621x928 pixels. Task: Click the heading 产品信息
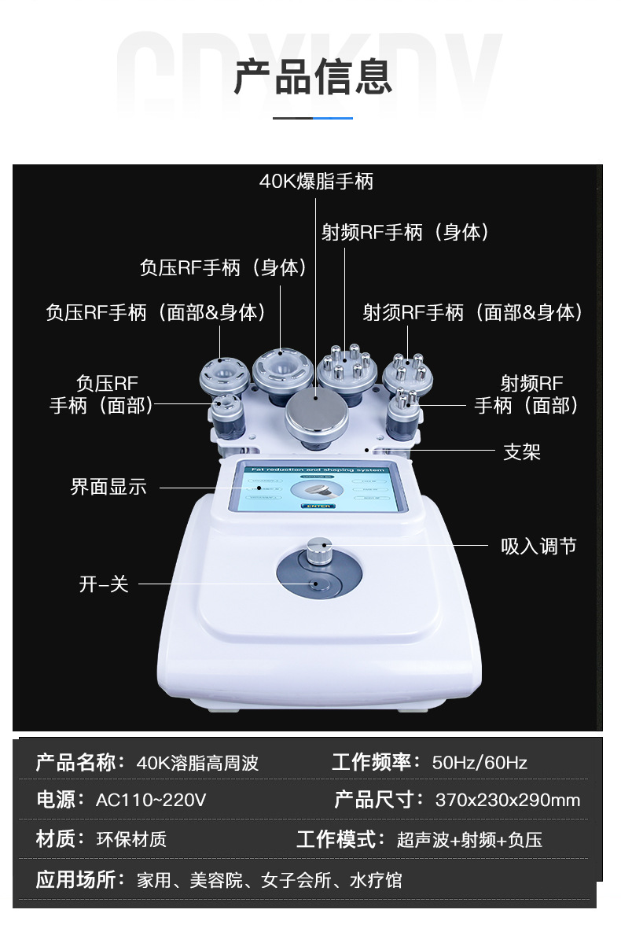coord(312,76)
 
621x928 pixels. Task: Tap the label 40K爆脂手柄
coord(316,182)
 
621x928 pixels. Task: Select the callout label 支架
coord(522,452)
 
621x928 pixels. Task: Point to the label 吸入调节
coord(538,546)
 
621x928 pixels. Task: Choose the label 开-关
coord(103,584)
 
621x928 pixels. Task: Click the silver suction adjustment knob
coord(318,551)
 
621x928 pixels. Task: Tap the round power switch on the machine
coord(318,584)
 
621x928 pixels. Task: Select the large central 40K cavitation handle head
coord(317,418)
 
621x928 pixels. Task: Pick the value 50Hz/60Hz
coord(480,762)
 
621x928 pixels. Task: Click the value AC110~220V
coord(151,801)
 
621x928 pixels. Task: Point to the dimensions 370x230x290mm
coord(508,801)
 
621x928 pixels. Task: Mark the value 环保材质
coord(131,840)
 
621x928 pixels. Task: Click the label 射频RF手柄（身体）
coord(406,232)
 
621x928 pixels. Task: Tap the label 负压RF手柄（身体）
coord(223,267)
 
